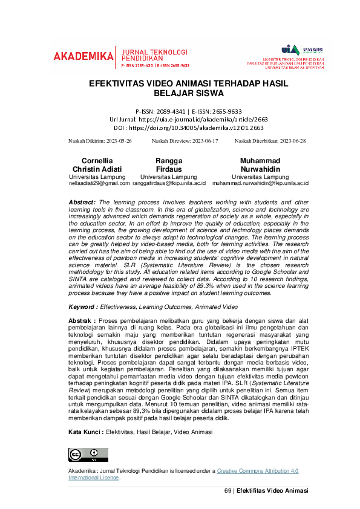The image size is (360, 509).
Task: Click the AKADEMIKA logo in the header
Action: point(83,56)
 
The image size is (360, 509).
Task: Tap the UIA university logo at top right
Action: point(291,49)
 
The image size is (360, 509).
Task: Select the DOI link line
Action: point(180,128)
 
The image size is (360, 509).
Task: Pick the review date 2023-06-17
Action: point(200,141)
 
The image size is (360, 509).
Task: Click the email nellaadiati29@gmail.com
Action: point(99,183)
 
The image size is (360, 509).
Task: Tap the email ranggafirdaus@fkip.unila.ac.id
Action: point(169,183)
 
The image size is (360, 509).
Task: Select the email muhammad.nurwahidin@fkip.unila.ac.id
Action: point(260,183)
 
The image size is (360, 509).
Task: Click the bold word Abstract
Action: point(82,202)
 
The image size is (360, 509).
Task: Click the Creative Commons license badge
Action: point(88,455)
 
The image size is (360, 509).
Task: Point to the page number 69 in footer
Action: point(228,490)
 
